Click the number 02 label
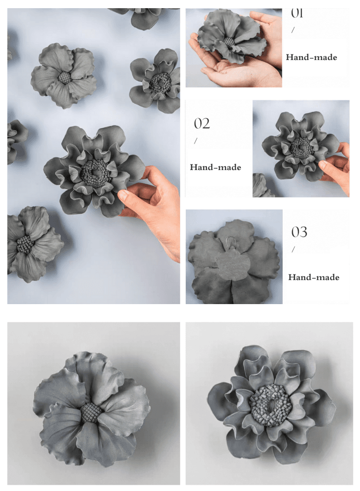(202, 123)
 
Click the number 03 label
(300, 232)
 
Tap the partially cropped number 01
(297, 13)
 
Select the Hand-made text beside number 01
(312, 57)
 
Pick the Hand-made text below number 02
(216, 167)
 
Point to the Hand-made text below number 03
(314, 277)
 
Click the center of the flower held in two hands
(229, 42)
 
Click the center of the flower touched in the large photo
(95, 173)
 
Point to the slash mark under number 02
(196, 141)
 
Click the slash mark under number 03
(293, 249)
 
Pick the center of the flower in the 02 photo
(301, 147)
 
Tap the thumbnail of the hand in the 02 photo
(323, 163)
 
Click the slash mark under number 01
(293, 30)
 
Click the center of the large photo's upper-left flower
(65, 77)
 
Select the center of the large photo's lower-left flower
(25, 244)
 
